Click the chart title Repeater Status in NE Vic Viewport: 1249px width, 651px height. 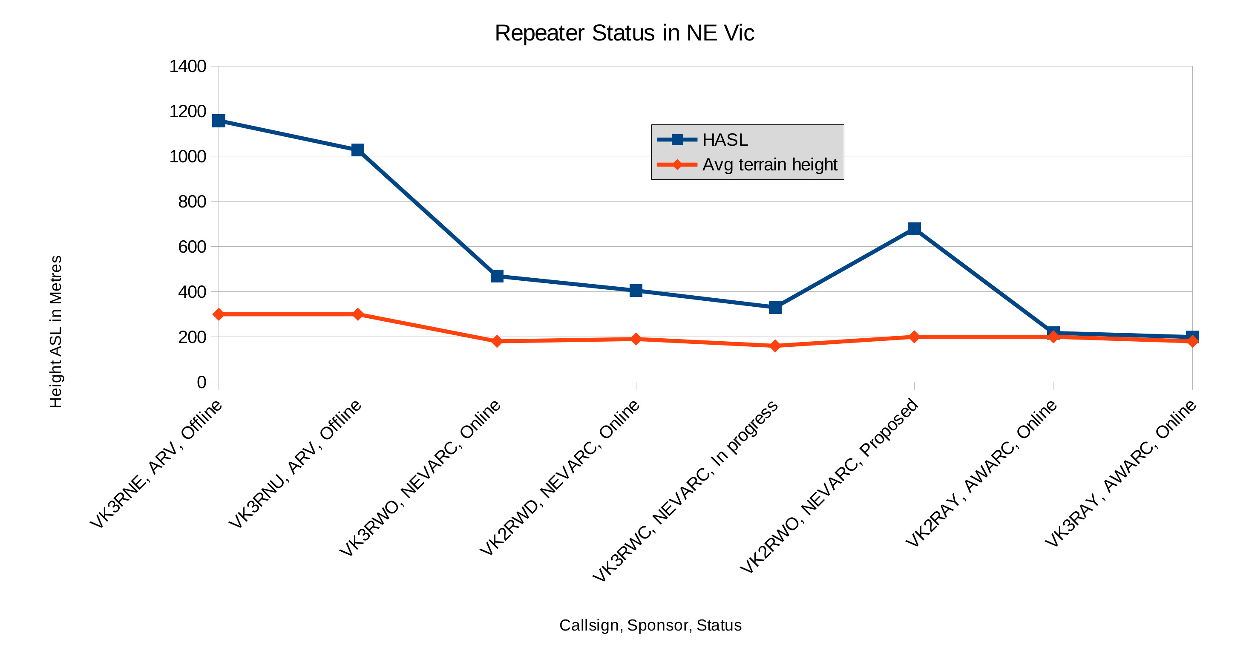[x=624, y=33]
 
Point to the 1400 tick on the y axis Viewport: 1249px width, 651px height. [x=187, y=66]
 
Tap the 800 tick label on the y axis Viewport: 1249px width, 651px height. [x=192, y=202]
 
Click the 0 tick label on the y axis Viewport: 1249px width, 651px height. [x=201, y=382]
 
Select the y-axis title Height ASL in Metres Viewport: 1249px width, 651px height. [x=56, y=332]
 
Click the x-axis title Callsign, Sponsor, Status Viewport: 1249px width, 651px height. [x=650, y=625]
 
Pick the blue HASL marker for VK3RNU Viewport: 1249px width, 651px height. [x=358, y=150]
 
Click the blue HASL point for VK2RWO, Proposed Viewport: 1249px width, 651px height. [x=914, y=228]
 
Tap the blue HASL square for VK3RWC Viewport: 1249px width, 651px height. [x=775, y=307]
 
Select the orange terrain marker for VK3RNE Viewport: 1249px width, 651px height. [x=219, y=314]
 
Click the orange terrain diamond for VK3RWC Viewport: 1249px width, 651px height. [x=775, y=346]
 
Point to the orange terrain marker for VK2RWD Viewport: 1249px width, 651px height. [x=636, y=339]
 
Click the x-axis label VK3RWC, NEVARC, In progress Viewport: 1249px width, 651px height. [x=685, y=490]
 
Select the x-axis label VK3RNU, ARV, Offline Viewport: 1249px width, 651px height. [x=295, y=464]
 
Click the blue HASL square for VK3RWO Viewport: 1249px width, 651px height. [x=497, y=276]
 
